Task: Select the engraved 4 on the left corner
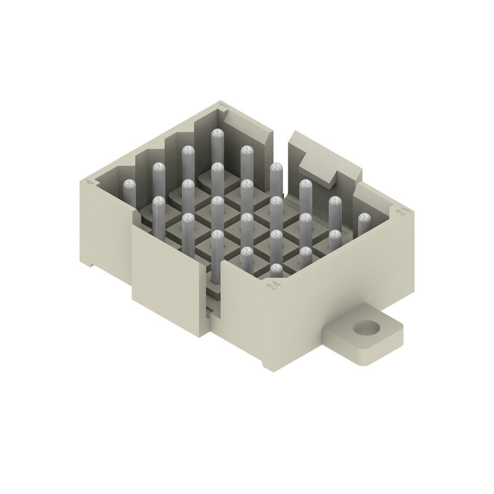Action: pos(90,182)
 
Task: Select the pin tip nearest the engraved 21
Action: pos(364,217)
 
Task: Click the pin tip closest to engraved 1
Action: pos(217,133)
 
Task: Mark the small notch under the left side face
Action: pos(91,264)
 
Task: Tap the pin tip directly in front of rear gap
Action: pos(276,167)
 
